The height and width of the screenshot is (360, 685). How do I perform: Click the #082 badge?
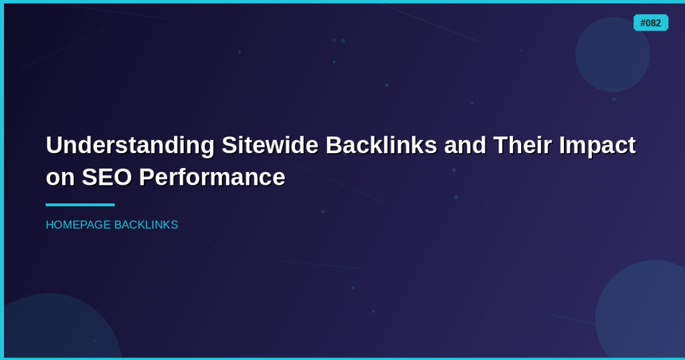(650, 23)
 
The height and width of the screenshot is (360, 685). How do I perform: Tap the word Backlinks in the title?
(381, 145)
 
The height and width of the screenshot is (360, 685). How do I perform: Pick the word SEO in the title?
(107, 177)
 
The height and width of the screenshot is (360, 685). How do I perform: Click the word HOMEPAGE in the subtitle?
(78, 225)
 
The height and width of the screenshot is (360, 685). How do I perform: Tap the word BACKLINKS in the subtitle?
(146, 225)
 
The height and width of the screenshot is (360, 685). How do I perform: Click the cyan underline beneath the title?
(80, 205)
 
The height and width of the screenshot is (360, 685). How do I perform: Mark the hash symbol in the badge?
(643, 23)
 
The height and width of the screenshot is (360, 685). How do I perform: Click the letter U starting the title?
(54, 145)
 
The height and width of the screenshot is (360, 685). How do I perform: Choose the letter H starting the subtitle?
(50, 225)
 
